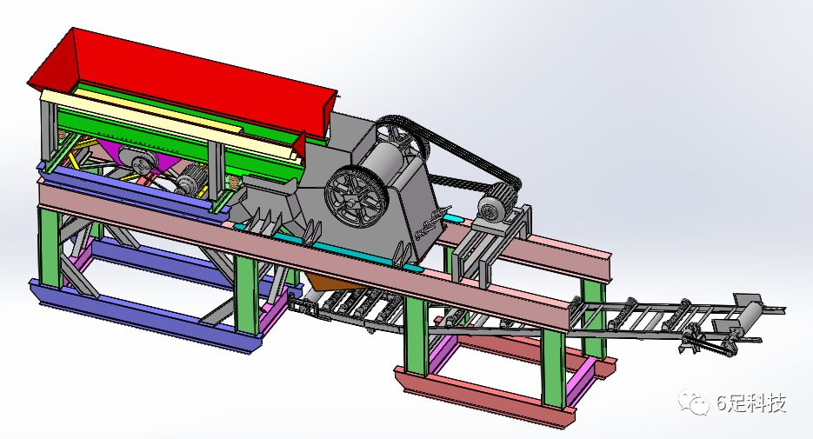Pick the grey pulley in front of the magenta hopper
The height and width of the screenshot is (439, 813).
pos(137,159)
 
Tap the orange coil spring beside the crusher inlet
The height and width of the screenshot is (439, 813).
pos(234,182)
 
